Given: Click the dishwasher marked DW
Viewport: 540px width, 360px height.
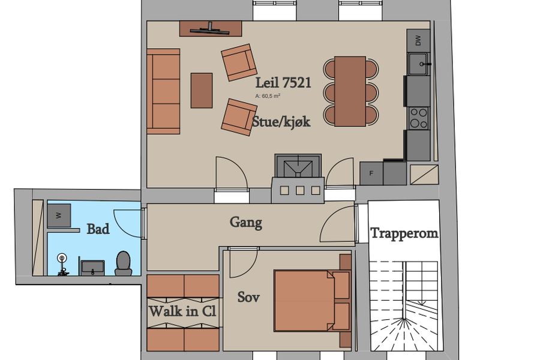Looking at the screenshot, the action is tap(418, 40).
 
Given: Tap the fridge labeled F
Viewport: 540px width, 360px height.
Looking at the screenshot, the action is tap(371, 173).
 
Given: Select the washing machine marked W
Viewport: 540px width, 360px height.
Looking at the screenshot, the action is tap(59, 215).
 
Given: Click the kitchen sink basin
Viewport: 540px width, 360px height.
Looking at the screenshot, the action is tap(418, 64).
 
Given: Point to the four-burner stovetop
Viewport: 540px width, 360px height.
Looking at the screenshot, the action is tap(419, 118).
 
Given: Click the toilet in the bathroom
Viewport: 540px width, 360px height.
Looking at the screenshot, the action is tap(123, 263).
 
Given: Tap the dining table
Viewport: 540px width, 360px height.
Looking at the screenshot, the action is tap(350, 91).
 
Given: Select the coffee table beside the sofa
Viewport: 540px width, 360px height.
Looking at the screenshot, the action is tap(202, 90).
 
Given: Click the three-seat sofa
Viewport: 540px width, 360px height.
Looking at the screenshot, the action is tap(163, 91).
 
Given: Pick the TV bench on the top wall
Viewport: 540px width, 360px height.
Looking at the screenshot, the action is tap(211, 29).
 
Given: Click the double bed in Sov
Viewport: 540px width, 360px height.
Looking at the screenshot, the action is tap(311, 301).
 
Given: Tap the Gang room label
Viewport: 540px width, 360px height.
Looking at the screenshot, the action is tap(246, 223).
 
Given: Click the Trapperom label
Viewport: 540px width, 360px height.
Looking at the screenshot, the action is tap(404, 233).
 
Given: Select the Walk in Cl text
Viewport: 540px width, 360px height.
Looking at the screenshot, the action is tap(182, 311).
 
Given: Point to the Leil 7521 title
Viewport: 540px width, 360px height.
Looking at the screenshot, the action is tap(283, 83).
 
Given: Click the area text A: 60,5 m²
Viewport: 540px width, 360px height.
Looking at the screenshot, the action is tap(268, 96).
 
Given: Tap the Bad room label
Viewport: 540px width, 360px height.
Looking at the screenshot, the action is tap(98, 229).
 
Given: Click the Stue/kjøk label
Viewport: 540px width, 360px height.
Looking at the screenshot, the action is tap(281, 122).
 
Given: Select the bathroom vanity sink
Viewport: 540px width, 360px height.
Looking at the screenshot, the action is tap(92, 268).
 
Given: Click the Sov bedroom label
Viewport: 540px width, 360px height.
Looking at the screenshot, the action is tap(248, 297).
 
